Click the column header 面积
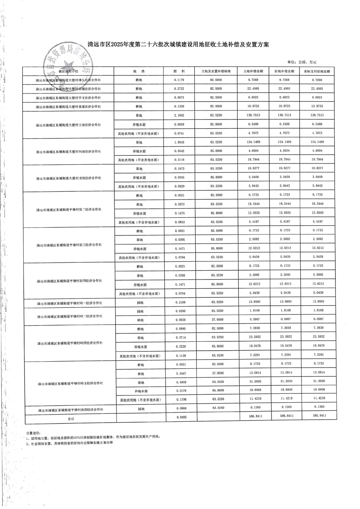click(x=180, y=71)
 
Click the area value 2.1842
click(x=180, y=115)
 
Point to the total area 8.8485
click(x=180, y=417)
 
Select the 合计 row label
click(x=71, y=418)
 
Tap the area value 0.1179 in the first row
click(x=180, y=80)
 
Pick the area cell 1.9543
click(x=180, y=142)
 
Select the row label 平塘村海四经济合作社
click(x=70, y=409)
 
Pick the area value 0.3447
click(x=180, y=373)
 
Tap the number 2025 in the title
click(x=115, y=44)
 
